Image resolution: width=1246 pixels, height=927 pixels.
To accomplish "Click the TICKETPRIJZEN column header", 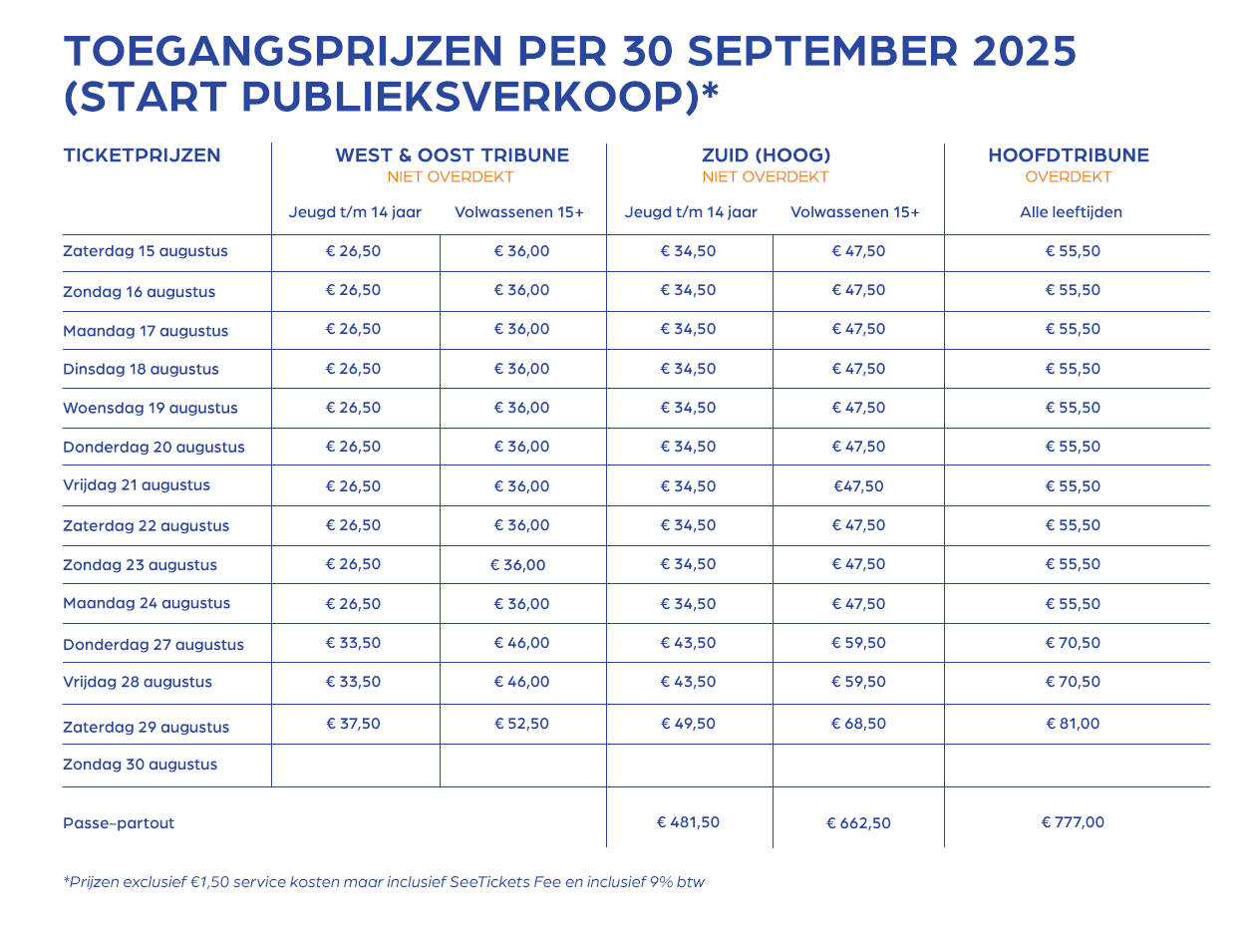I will pos(142,154).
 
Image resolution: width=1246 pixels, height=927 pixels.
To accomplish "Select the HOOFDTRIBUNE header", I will pos(1069,154).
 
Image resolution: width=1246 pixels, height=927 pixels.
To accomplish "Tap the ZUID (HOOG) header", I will pos(766,154).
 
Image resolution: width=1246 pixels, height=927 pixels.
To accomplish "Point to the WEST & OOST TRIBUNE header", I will pos(452,154).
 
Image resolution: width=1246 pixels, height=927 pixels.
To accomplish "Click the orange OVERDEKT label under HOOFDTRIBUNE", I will pos(1069,177).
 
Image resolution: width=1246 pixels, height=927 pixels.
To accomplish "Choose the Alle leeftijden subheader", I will pos(1071,212).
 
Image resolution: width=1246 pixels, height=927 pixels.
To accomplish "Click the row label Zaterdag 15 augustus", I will pos(146,251).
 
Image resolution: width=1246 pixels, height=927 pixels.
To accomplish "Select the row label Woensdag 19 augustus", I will pos(151,408).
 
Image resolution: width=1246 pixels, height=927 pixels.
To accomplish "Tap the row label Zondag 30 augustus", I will pos(140,765).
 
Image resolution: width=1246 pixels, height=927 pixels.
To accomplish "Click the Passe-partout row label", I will pos(119,823).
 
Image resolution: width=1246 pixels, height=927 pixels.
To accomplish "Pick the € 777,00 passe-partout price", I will pos(1073,822).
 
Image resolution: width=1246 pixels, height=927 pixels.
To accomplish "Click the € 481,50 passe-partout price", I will pos(688,822).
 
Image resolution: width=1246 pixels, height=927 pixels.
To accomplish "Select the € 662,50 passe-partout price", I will pos(858,823).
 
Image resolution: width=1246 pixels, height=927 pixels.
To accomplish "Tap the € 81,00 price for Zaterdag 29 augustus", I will pos(1073,724).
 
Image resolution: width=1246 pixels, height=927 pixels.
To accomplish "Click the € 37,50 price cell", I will pos(353,724).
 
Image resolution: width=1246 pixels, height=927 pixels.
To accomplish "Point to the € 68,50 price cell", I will pos(858,724).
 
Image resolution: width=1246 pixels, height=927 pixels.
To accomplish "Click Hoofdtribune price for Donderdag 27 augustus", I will pos(1073,643).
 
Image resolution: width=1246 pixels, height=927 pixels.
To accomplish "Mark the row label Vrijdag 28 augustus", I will pos(138,683).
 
